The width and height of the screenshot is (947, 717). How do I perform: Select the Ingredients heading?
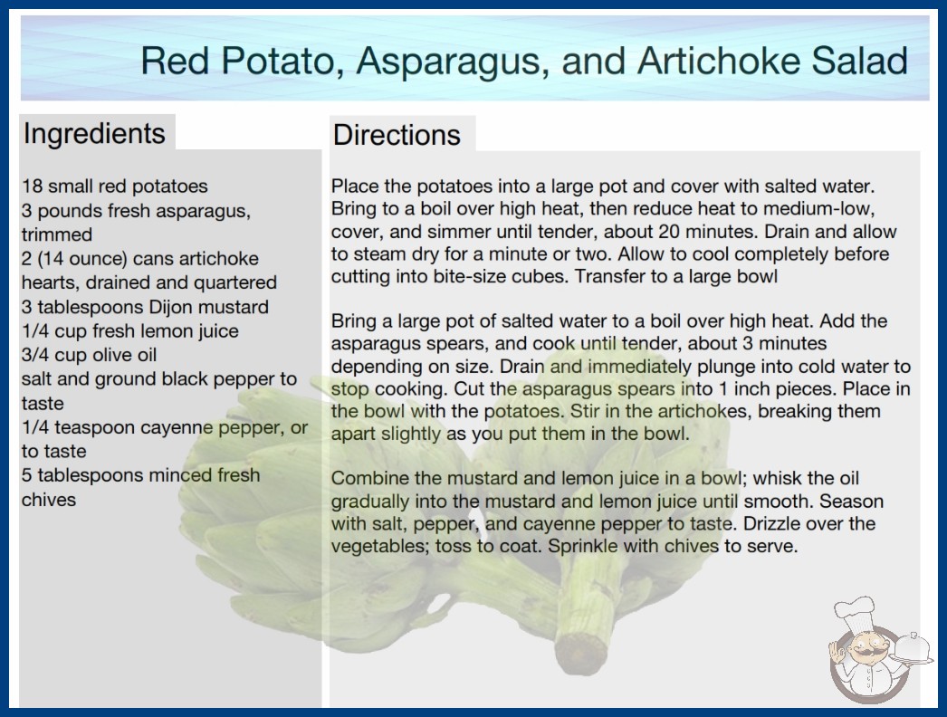pyautogui.click(x=94, y=134)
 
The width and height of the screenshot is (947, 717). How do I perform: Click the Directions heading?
pyautogui.click(x=397, y=135)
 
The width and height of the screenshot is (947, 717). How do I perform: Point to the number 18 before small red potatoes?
pyautogui.click(x=32, y=186)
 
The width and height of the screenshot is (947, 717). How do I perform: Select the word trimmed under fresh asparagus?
pyautogui.click(x=57, y=234)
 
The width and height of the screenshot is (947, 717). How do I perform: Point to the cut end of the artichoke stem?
pyautogui.click(x=581, y=652)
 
